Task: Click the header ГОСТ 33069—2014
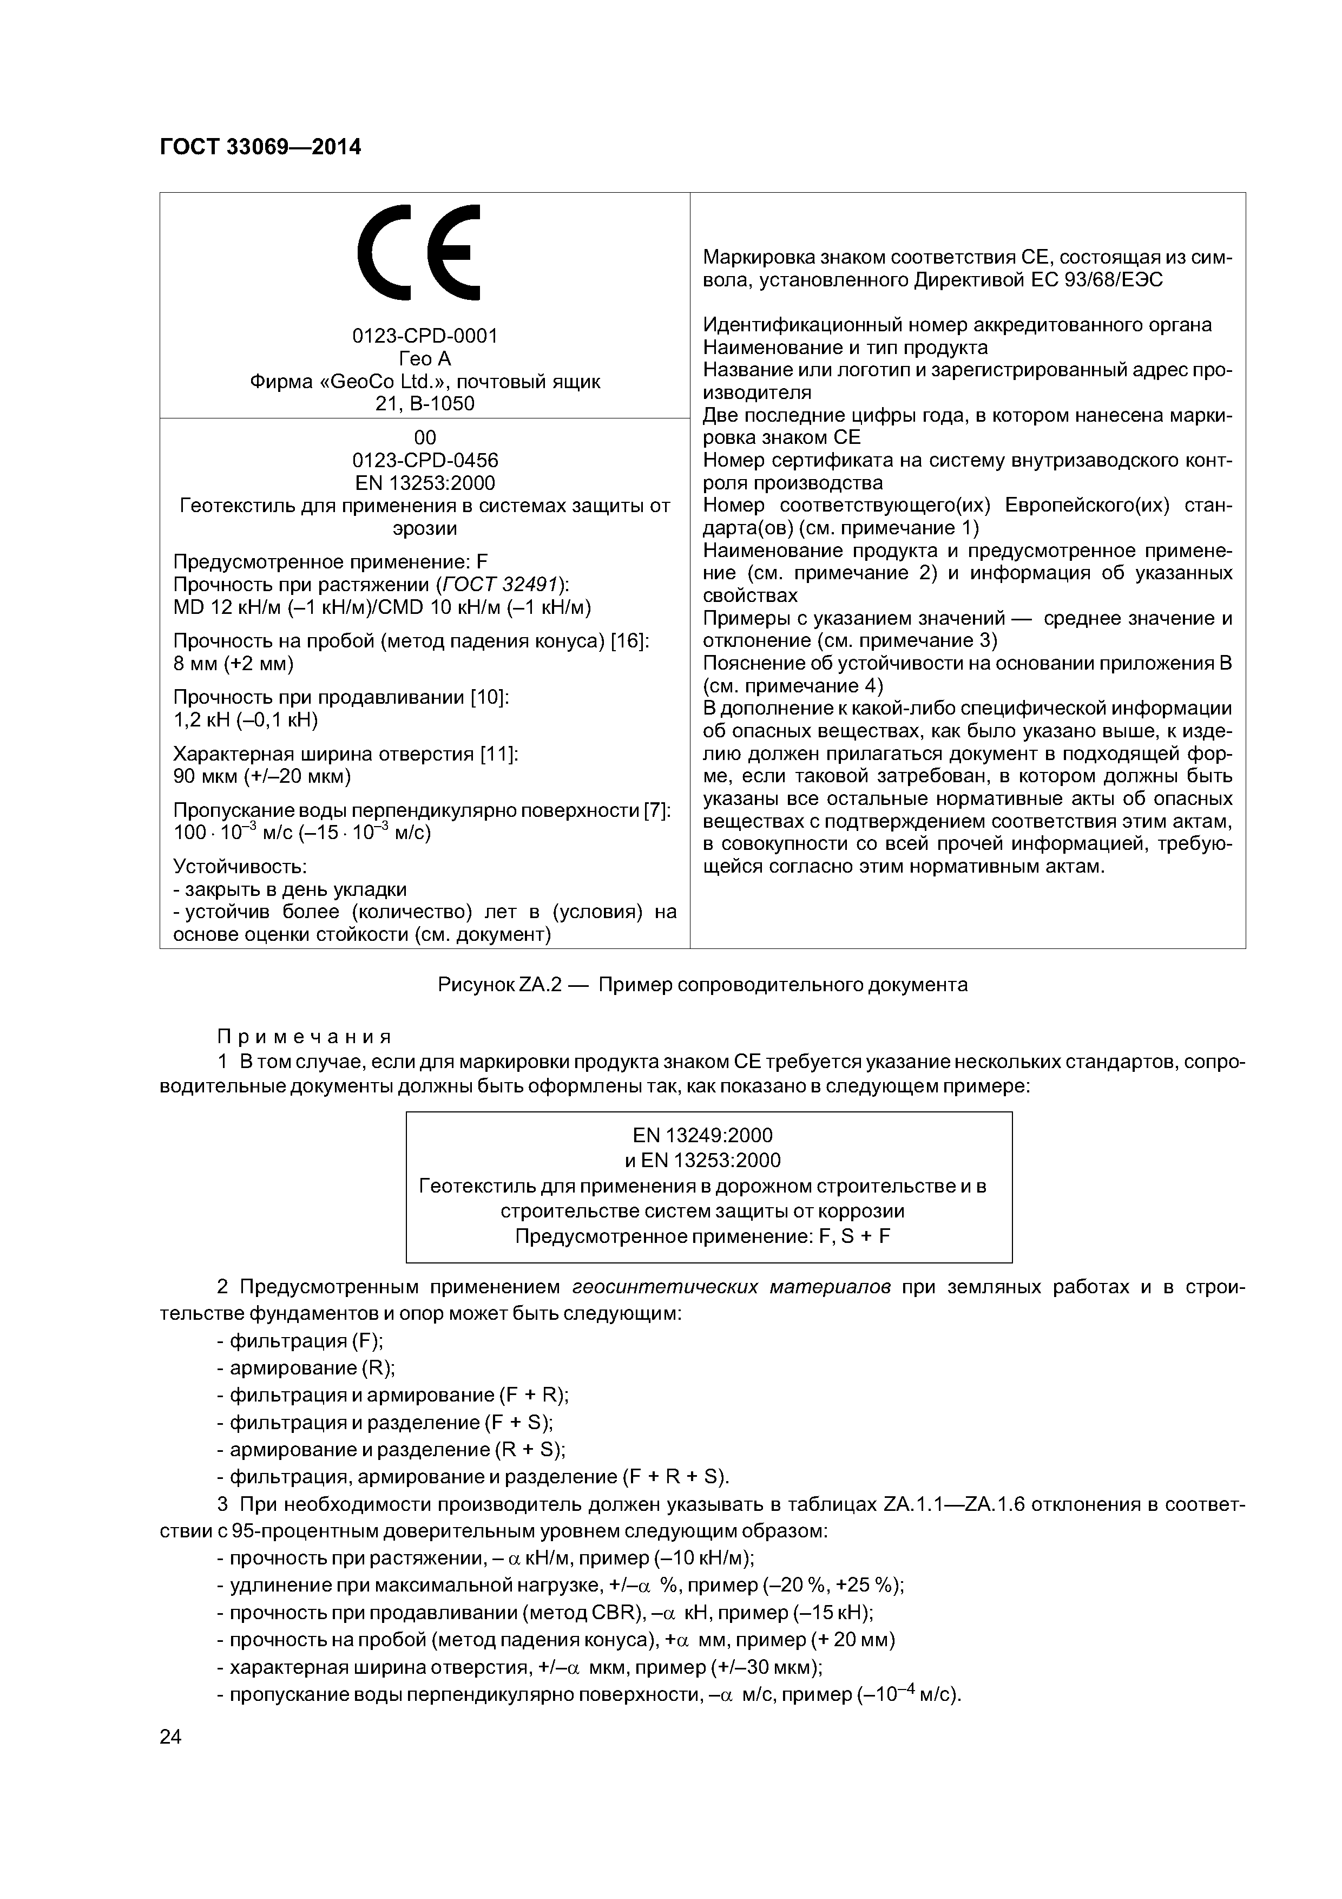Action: point(260,147)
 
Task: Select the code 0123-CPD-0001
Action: point(425,336)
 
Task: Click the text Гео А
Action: point(425,359)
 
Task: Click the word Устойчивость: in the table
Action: point(240,867)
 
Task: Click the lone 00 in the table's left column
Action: point(425,437)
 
